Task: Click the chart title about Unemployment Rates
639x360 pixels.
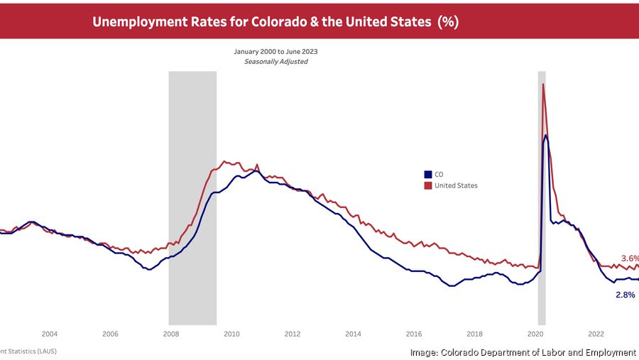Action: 275,21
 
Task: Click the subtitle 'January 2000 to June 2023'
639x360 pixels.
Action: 276,52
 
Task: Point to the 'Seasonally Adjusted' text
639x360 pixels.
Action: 276,62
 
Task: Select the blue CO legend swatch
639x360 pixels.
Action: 428,174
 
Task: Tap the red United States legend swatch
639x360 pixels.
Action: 428,185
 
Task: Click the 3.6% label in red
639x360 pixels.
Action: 630,258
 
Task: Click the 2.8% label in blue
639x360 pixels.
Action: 625,294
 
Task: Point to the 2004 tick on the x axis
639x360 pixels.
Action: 49,334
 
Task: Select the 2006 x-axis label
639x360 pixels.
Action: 110,334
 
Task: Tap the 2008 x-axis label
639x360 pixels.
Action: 171,334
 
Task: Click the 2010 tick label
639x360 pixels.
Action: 231,334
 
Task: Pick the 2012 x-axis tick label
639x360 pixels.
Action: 293,334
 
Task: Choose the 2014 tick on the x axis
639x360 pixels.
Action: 353,334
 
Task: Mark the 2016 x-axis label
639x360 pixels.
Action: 414,334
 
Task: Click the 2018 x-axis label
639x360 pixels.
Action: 475,334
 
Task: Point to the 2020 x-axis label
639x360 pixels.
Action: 535,334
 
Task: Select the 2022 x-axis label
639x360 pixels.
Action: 596,334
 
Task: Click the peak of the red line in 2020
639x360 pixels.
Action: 543,84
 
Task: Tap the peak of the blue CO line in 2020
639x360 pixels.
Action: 546,135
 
